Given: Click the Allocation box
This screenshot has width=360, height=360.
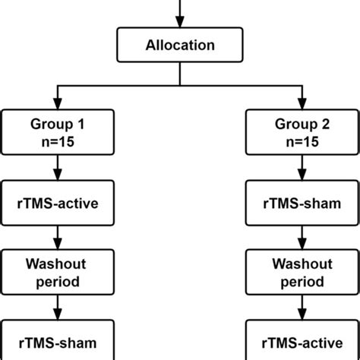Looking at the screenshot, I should tap(179, 46).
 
